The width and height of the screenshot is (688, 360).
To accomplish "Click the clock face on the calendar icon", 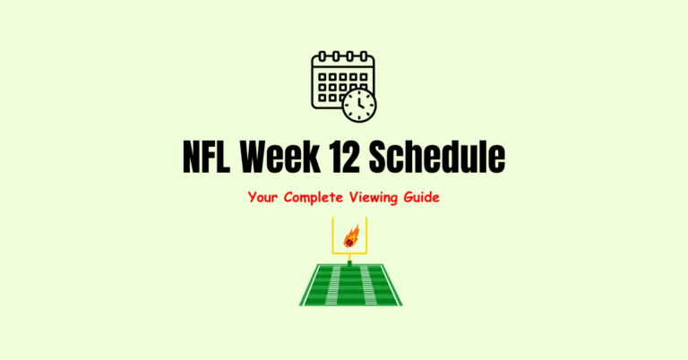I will point(359,105).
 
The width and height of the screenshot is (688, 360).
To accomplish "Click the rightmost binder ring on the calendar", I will point(362,57).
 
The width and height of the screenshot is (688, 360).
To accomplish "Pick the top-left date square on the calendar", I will point(322,78).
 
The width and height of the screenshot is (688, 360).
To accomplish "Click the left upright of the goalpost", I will point(332,235).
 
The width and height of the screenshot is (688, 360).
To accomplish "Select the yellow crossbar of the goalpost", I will point(349,253).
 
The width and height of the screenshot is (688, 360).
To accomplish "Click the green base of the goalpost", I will point(349,262).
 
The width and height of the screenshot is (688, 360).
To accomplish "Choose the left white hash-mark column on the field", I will point(334,285).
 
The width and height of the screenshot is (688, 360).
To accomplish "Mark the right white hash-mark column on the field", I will point(366,285).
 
